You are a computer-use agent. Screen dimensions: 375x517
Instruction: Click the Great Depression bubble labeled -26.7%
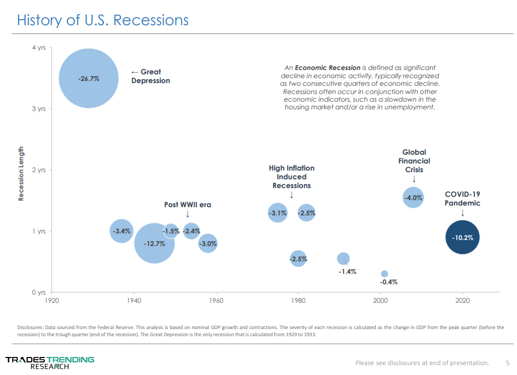(x=89, y=78)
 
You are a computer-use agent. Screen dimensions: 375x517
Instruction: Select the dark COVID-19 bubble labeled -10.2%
(x=462, y=237)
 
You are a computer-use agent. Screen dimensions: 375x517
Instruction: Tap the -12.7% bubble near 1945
(x=154, y=243)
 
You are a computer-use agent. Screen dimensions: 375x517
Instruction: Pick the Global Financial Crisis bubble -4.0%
(x=413, y=197)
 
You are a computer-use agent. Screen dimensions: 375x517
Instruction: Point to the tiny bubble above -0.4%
(x=384, y=274)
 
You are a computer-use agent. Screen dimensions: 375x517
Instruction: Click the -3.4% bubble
(x=121, y=231)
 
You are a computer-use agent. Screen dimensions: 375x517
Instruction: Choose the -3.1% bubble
(x=278, y=213)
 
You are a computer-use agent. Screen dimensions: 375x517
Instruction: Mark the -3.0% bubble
(x=207, y=244)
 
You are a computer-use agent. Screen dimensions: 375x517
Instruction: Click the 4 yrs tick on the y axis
(x=38, y=48)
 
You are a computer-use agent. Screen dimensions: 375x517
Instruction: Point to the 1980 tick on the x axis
(x=298, y=301)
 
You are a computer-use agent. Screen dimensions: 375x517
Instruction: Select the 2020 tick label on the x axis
(x=462, y=301)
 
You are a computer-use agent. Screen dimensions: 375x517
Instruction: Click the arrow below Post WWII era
(x=188, y=214)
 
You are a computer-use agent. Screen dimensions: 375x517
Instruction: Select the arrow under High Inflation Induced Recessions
(x=292, y=195)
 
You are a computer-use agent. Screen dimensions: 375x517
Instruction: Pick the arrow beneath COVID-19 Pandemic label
(x=462, y=213)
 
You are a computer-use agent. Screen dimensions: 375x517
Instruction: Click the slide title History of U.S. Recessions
(x=103, y=20)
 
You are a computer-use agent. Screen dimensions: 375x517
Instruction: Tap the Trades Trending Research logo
(x=50, y=362)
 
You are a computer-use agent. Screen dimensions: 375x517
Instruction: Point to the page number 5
(x=507, y=362)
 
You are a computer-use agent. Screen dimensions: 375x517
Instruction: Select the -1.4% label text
(x=347, y=271)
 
